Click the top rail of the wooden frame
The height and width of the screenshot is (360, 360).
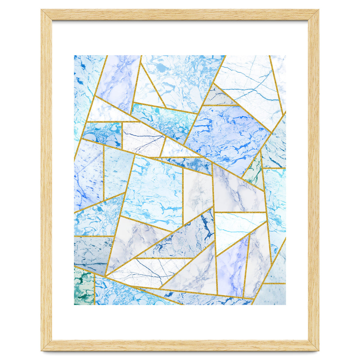(180, 15)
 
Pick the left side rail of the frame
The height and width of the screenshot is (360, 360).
(46, 180)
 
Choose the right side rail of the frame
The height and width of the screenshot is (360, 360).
(313, 180)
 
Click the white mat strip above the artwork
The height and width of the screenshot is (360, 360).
(180, 38)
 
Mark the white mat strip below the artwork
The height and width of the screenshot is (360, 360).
(180, 322)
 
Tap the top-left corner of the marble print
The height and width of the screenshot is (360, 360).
(74, 55)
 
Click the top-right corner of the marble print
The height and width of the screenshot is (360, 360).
(285, 55)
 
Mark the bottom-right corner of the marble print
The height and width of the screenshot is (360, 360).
(285, 304)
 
